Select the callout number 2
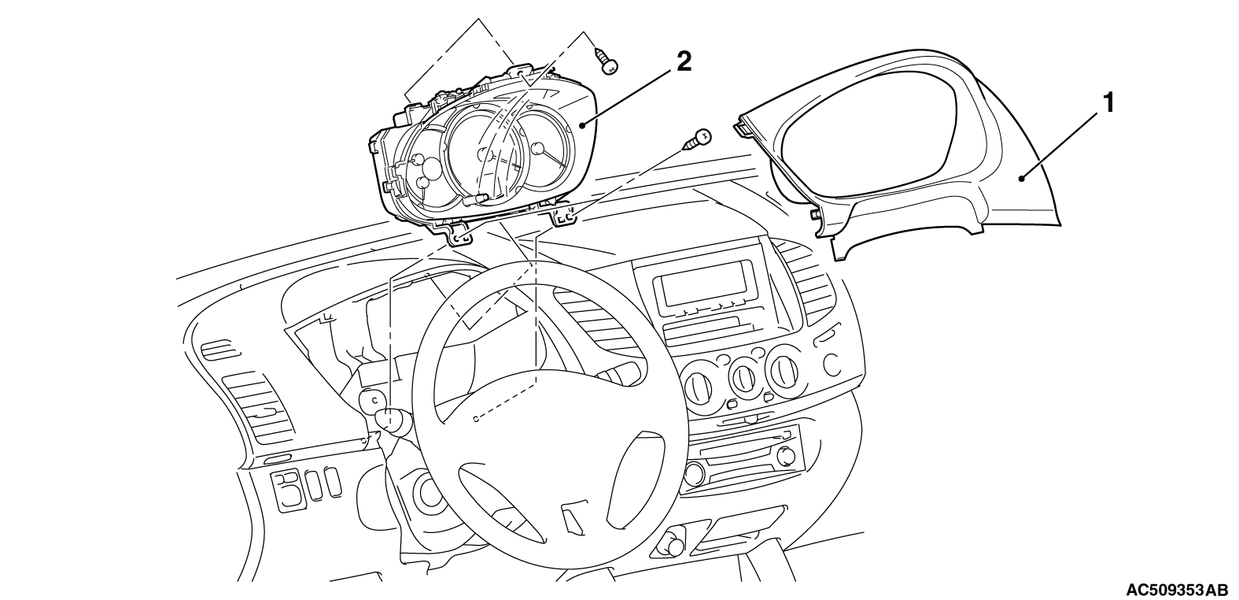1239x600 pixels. click(x=684, y=61)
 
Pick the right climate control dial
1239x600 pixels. click(x=784, y=370)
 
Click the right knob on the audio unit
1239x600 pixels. click(x=784, y=455)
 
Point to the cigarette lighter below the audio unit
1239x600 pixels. click(x=674, y=544)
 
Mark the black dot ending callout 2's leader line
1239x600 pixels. click(x=583, y=124)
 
